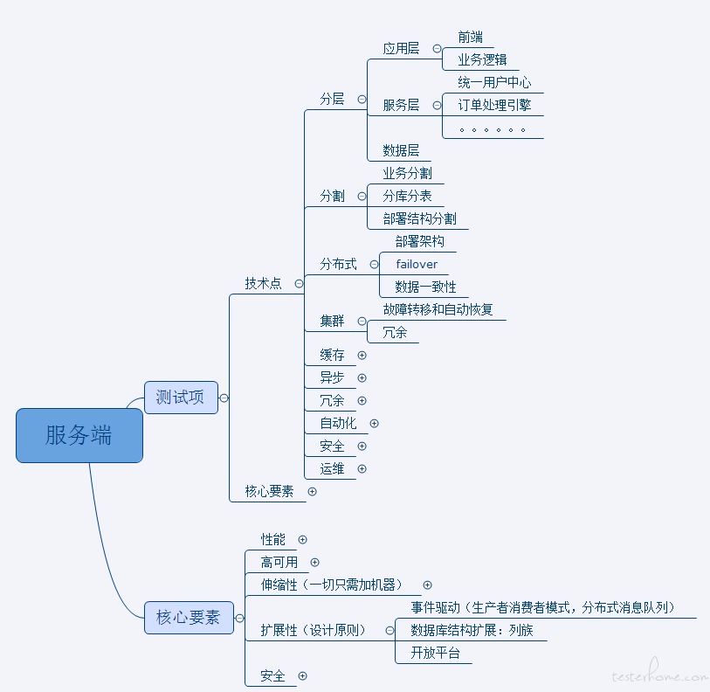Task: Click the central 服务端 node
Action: pyautogui.click(x=79, y=435)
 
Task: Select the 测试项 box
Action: pyautogui.click(x=180, y=398)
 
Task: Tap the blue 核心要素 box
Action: pyautogui.click(x=188, y=617)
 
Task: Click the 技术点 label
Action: pyautogui.click(x=263, y=283)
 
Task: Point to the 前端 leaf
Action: pyautogui.click(x=470, y=37)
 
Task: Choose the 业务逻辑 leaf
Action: pyautogui.click(x=482, y=59)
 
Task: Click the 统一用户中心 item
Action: pyautogui.click(x=494, y=82)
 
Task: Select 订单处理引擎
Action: pyautogui.click(x=494, y=105)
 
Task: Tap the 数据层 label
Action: pyautogui.click(x=401, y=150)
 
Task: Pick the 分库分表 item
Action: pyautogui.click(x=407, y=196)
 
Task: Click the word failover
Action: pyautogui.click(x=417, y=264)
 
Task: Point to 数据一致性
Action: pyautogui.click(x=425, y=287)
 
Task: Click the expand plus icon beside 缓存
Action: pyautogui.click(x=362, y=355)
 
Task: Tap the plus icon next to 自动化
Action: pyautogui.click(x=375, y=423)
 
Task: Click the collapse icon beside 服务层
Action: pyautogui.click(x=437, y=105)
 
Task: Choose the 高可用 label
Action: pyautogui.click(x=279, y=562)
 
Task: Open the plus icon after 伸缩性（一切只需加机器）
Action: pyautogui.click(x=428, y=585)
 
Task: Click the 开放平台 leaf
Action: pyautogui.click(x=435, y=653)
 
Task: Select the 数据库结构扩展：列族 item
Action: pyautogui.click(x=472, y=630)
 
